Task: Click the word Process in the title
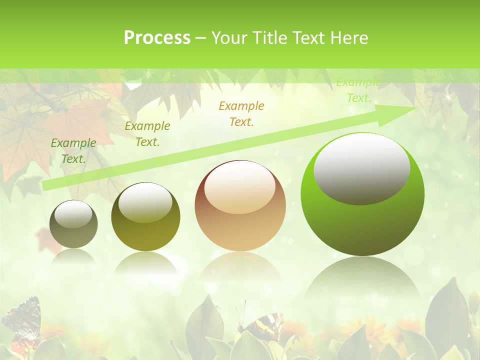[157, 38]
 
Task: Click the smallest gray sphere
[73, 224]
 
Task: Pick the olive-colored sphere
[145, 217]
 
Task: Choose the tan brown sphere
[240, 206]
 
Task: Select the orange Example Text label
[241, 114]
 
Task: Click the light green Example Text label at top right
[358, 90]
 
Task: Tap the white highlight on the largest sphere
[361, 168]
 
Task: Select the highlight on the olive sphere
[145, 202]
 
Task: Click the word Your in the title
[229, 38]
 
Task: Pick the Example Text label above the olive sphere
[147, 134]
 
